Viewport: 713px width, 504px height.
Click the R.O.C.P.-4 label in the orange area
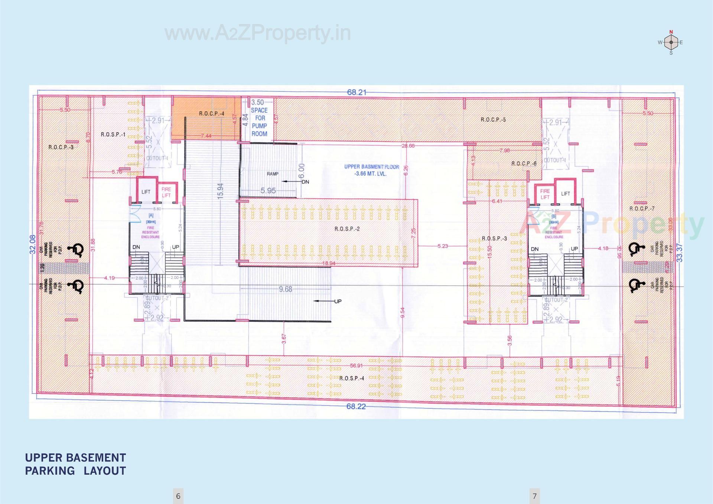pyautogui.click(x=211, y=114)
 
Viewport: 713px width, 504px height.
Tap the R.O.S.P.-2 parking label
pyautogui.click(x=347, y=229)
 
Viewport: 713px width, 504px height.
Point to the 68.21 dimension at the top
pyautogui.click(x=356, y=92)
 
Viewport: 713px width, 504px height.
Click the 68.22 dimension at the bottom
pyautogui.click(x=356, y=406)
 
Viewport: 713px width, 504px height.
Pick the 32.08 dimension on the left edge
pyautogui.click(x=33, y=244)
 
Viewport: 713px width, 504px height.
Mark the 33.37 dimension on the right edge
pyautogui.click(x=680, y=253)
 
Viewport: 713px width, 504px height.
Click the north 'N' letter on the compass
pyautogui.click(x=671, y=32)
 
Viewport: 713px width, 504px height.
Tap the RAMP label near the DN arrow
pyautogui.click(x=273, y=174)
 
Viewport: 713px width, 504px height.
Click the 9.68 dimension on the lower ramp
pyautogui.click(x=286, y=289)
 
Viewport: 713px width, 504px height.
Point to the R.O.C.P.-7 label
pyautogui.click(x=642, y=209)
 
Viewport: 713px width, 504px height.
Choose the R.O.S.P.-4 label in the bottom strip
pyautogui.click(x=351, y=378)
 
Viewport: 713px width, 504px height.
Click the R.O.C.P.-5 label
pyautogui.click(x=493, y=120)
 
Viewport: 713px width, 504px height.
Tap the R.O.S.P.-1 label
pyautogui.click(x=113, y=134)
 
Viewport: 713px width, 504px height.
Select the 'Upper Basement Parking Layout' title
pyautogui.click(x=75, y=464)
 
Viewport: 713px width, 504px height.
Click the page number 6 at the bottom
pyautogui.click(x=178, y=496)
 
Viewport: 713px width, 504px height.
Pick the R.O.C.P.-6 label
pyautogui.click(x=524, y=163)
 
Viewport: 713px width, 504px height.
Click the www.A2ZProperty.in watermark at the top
pyautogui.click(x=258, y=33)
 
